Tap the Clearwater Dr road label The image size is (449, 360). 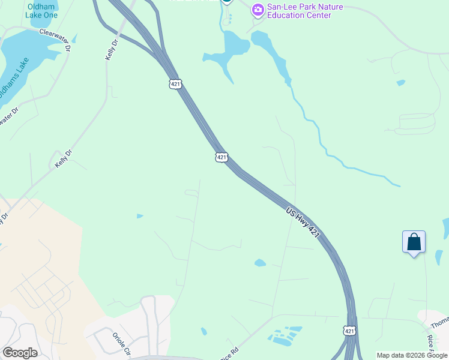pyautogui.click(x=55, y=38)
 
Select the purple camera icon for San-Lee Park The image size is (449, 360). pyautogui.click(x=258, y=9)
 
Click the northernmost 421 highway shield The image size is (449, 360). pyautogui.click(x=175, y=85)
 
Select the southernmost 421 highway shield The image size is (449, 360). pyautogui.click(x=349, y=331)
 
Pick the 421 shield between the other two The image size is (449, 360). pyautogui.click(x=221, y=157)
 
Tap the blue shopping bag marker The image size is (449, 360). pyautogui.click(x=414, y=242)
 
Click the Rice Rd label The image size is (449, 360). pyautogui.click(x=230, y=354)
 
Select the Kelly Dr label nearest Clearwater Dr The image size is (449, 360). pyautogui.click(x=110, y=50)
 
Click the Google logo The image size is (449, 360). pyautogui.click(x=20, y=353)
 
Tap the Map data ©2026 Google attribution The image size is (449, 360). pyautogui.click(x=411, y=355)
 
